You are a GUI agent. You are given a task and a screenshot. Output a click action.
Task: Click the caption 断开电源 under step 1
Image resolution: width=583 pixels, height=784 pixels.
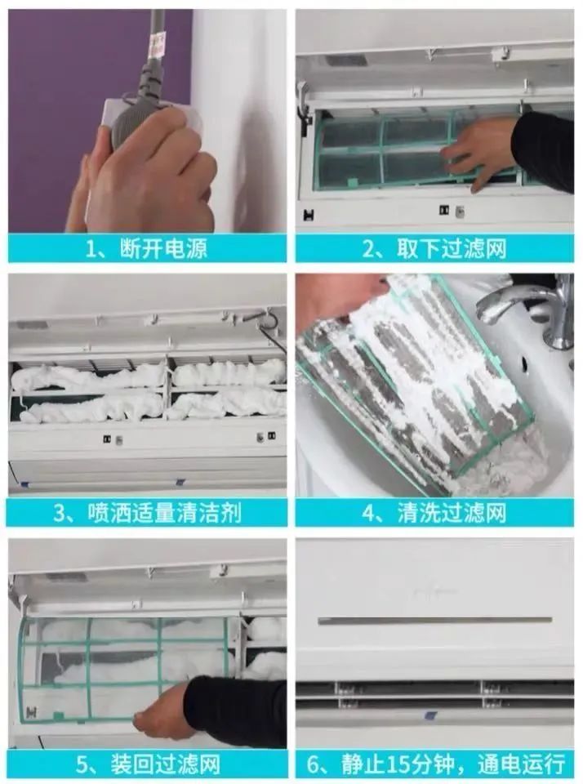click(163, 248)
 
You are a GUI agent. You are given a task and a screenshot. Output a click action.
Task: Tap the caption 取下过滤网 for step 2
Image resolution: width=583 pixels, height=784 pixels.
click(452, 248)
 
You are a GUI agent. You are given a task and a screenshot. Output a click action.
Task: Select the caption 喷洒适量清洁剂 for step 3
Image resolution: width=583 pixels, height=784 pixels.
click(164, 513)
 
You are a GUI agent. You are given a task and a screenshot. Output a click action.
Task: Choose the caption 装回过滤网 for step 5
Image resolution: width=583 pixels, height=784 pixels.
click(165, 764)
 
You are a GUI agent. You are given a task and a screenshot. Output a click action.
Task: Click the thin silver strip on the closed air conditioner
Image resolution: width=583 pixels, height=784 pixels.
click(435, 621)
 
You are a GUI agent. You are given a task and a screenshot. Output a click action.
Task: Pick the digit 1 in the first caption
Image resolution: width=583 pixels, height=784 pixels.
click(91, 249)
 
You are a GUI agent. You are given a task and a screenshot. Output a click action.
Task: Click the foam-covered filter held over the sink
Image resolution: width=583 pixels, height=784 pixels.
click(415, 380)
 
